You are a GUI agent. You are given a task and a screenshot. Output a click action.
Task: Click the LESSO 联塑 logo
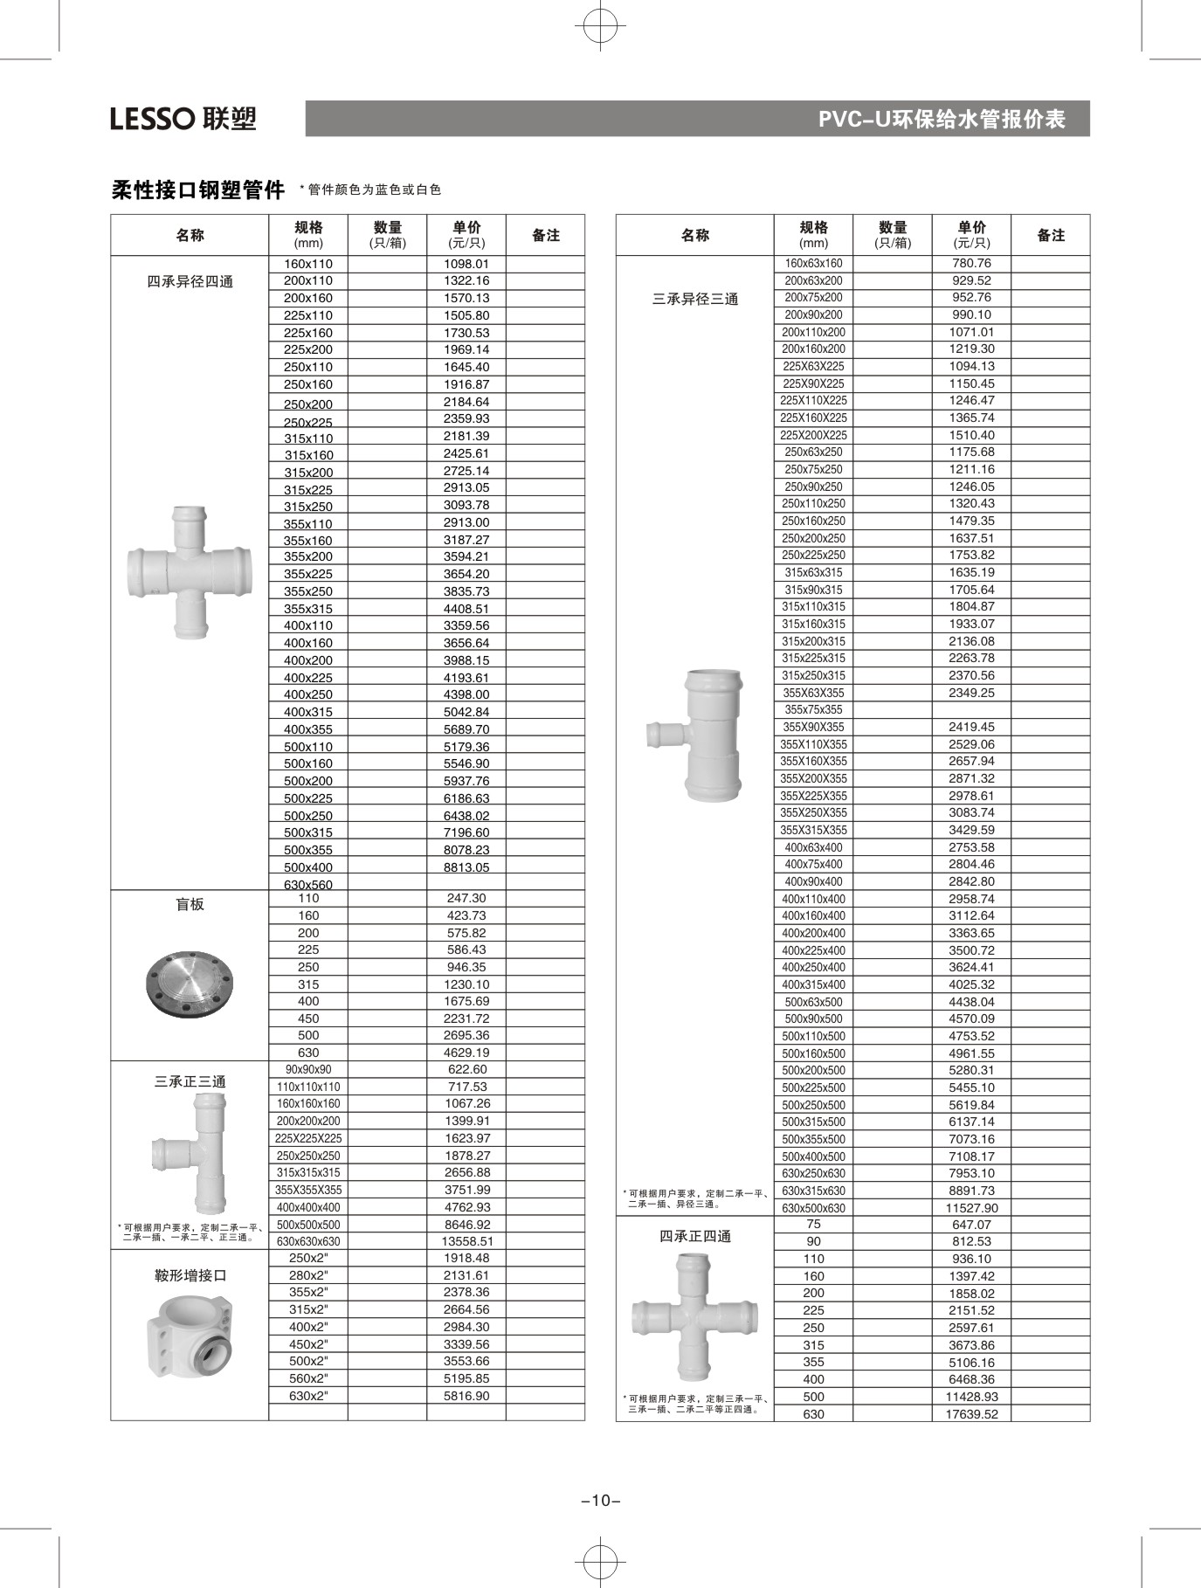click(183, 118)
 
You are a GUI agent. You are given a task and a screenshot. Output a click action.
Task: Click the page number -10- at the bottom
click(600, 1501)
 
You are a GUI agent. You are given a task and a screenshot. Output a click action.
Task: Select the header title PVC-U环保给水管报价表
click(941, 119)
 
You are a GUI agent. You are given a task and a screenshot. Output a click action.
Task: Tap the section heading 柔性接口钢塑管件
click(198, 190)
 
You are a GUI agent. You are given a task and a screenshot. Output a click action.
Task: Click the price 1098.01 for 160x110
click(466, 264)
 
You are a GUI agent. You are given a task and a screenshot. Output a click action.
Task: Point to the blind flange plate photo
click(190, 983)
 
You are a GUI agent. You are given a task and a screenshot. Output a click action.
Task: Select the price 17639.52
click(971, 1414)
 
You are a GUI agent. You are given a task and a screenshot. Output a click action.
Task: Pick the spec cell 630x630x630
click(308, 1241)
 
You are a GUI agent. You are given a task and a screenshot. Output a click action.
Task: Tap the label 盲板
click(190, 904)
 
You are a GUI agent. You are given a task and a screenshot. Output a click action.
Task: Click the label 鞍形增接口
click(190, 1275)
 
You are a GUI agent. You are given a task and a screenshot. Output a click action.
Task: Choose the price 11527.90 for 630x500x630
click(971, 1208)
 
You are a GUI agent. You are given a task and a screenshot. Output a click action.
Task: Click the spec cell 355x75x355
click(813, 710)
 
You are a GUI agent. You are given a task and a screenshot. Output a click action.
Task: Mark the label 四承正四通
click(694, 1236)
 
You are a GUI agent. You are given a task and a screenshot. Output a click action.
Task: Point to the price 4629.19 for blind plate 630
click(466, 1053)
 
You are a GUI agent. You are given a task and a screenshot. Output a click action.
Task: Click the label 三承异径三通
click(694, 299)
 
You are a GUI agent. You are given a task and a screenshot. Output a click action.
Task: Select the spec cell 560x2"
click(308, 1378)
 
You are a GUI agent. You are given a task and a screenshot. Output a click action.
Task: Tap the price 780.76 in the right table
click(971, 263)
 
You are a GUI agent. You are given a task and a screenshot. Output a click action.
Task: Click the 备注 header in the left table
click(545, 235)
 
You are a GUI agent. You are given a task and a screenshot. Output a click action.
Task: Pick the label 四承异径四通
click(190, 281)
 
